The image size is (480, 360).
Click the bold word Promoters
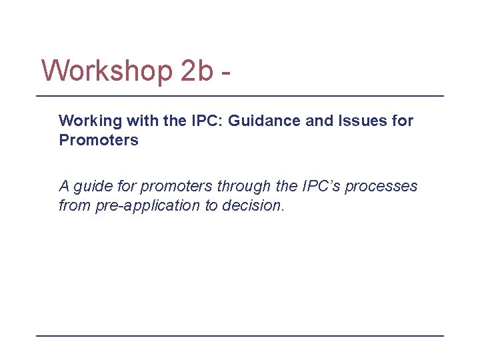click(99, 140)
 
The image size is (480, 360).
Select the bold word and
click(303, 121)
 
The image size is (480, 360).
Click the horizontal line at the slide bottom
click(239, 335)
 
